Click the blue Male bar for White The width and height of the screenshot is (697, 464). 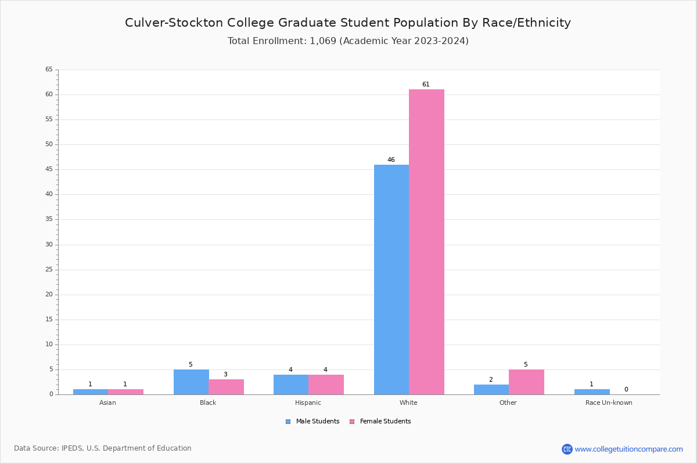pos(391,280)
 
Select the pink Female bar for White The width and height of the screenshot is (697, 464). pos(426,242)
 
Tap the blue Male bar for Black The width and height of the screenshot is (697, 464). pos(191,382)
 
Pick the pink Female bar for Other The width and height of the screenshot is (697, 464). pos(526,382)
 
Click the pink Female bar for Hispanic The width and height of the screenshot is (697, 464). pos(326,385)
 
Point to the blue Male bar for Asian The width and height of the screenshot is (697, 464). pos(91,392)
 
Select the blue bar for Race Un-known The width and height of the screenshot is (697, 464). pos(592,392)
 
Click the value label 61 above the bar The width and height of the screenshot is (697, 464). pos(426,85)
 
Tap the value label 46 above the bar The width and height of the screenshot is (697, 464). pos(391,160)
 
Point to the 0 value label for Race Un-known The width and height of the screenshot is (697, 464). pos(626,390)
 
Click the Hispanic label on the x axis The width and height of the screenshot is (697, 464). pos(308,403)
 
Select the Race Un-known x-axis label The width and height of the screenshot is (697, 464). pos(609,403)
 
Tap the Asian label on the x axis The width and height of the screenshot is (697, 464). pos(107,403)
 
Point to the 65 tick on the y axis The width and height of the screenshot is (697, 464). pos(49,70)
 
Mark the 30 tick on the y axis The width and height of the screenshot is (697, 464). pos(49,245)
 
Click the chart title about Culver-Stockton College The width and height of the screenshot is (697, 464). pos(348,23)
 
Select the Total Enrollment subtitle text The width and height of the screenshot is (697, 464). pos(348,41)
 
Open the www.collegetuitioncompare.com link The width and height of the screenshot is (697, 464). pos(628,449)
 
